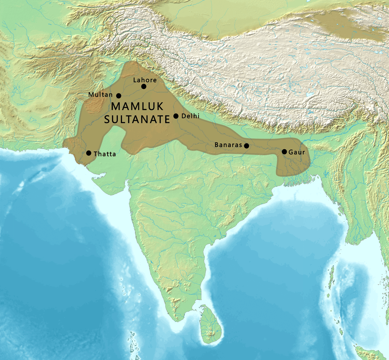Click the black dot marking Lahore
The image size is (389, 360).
[x=144, y=87]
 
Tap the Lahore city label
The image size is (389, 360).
[x=145, y=80]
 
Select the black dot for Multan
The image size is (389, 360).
[x=119, y=96]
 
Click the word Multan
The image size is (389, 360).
[x=100, y=94]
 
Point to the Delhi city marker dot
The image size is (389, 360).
[x=176, y=116]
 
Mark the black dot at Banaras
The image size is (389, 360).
[x=247, y=145]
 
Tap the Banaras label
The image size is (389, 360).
[x=228, y=145]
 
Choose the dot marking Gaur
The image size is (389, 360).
[x=284, y=152]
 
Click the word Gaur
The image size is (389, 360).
[x=297, y=152]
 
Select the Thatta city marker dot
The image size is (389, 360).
[x=89, y=153]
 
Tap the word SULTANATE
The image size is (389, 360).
[x=137, y=120]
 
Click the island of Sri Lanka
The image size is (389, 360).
[x=209, y=325]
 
